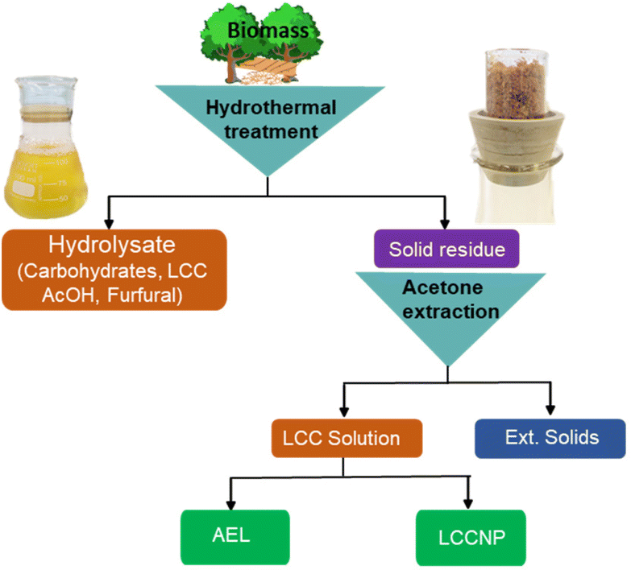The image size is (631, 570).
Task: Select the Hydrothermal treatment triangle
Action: point(266,121)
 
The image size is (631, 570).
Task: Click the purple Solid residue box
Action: point(446,249)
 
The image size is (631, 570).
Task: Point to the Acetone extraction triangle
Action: point(446,310)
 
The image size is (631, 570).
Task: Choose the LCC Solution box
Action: point(347,439)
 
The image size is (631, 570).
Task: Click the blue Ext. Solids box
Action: point(551,438)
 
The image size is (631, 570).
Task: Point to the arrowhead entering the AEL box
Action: point(231,504)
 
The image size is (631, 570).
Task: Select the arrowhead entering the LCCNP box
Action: point(467,504)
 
